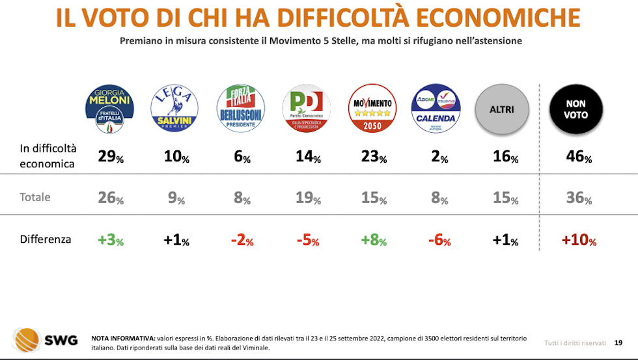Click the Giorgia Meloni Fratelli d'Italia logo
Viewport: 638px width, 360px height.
tap(110, 109)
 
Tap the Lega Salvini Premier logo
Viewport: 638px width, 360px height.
tap(174, 109)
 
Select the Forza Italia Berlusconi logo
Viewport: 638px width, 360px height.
tap(241, 109)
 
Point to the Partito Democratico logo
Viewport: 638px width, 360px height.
tap(306, 109)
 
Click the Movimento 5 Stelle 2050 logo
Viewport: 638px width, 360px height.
tap(372, 109)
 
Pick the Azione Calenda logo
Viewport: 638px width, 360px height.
tap(436, 109)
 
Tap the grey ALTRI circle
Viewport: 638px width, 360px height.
tap(502, 109)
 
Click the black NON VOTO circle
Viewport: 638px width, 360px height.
tap(576, 109)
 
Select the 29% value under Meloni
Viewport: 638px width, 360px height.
tap(110, 157)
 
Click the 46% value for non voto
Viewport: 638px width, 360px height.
tap(578, 157)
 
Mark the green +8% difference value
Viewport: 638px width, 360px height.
tap(373, 241)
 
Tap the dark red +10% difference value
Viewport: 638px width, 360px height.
tap(578, 241)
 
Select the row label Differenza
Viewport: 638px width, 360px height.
tap(46, 240)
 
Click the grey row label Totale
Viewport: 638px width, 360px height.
tap(35, 197)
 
